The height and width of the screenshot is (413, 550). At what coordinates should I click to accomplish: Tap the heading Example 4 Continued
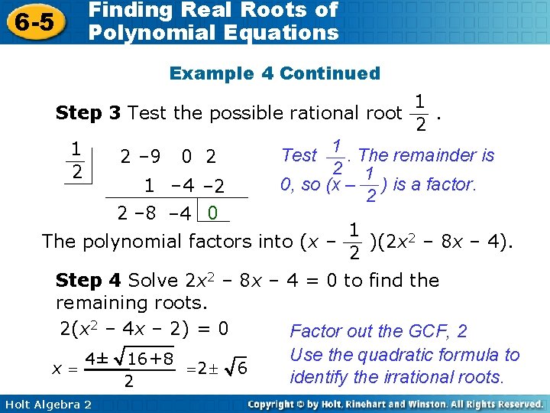click(274, 73)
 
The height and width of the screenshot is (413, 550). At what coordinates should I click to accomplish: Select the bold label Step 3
click(89, 114)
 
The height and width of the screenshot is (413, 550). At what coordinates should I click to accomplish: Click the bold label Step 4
click(89, 281)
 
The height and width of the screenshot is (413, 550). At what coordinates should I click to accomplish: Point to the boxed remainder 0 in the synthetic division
click(213, 211)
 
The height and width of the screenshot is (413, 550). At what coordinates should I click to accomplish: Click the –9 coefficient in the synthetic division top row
click(150, 158)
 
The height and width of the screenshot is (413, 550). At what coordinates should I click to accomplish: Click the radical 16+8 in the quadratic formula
click(147, 359)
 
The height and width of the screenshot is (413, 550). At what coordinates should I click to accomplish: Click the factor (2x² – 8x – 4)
click(441, 242)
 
